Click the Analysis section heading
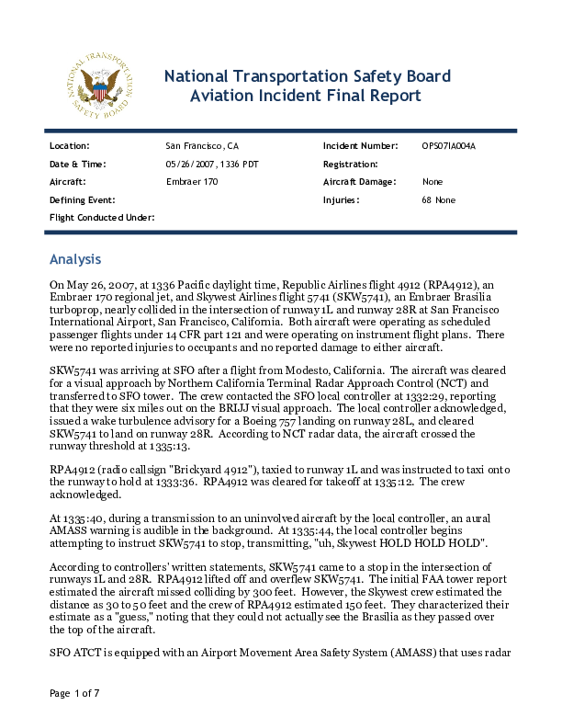pyautogui.click(x=75, y=259)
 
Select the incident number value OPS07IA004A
pyautogui.click(x=448, y=146)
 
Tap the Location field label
pyautogui.click(x=69, y=146)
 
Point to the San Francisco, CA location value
pyautogui.click(x=201, y=146)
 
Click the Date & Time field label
pyautogui.click(x=77, y=164)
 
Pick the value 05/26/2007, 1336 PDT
pyautogui.click(x=214, y=164)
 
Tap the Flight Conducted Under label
pyautogui.click(x=101, y=217)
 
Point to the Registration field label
pyautogui.click(x=351, y=164)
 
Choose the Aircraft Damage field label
pyautogui.click(x=359, y=182)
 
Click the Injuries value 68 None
pyautogui.click(x=438, y=199)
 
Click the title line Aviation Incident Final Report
pyautogui.click(x=305, y=96)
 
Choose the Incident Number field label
pyautogui.click(x=360, y=146)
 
